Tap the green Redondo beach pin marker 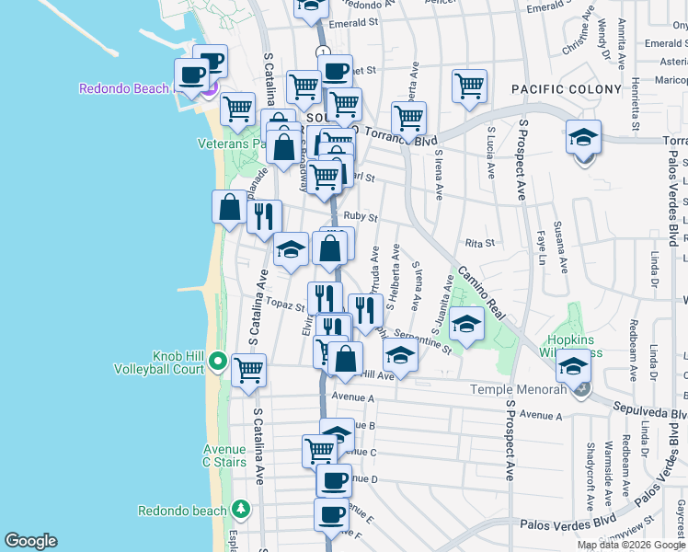(241, 508)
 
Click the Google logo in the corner (30, 541)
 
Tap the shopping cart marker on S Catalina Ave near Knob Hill (248, 371)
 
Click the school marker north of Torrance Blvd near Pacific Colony (583, 138)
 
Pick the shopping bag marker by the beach (229, 207)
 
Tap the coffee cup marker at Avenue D (333, 479)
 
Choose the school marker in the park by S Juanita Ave (467, 325)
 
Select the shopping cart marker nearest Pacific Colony (469, 86)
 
